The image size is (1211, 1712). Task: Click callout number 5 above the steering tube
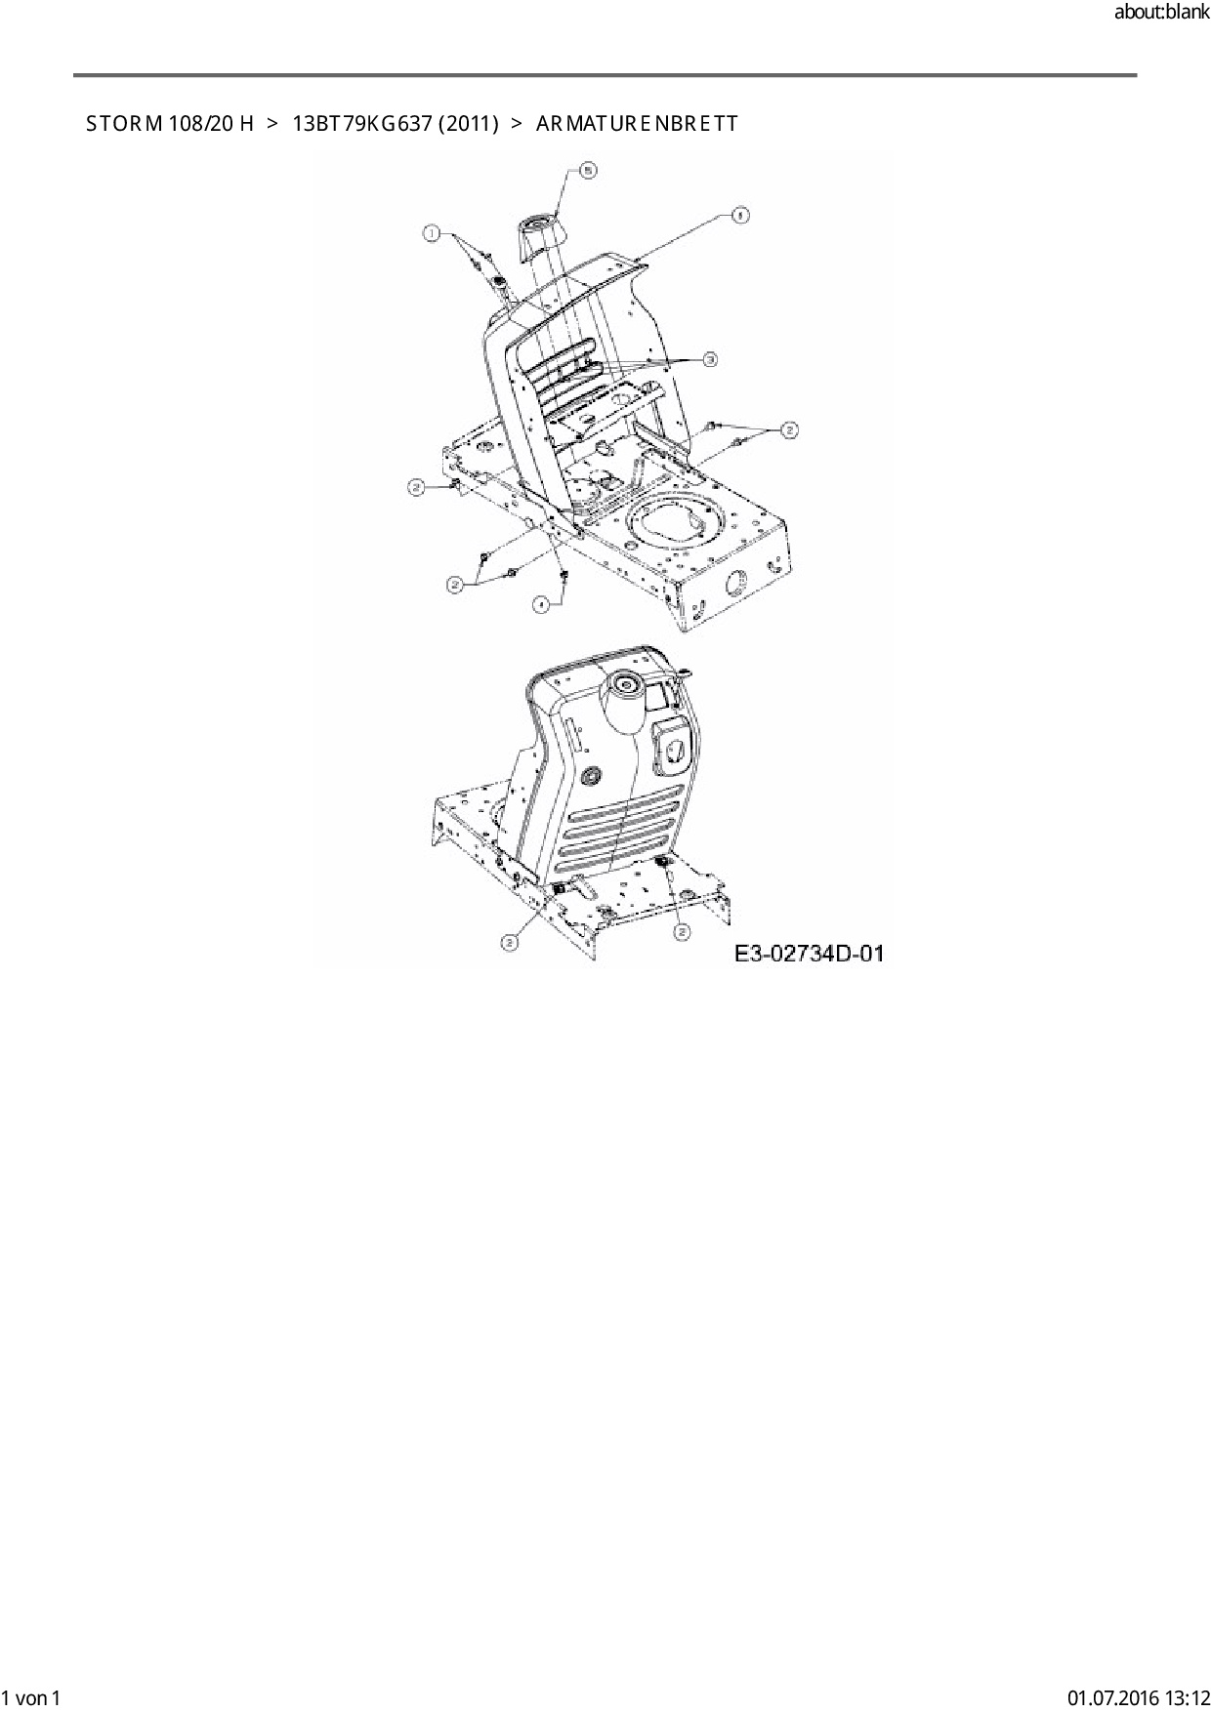[588, 170]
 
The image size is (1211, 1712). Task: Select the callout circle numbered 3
[710, 360]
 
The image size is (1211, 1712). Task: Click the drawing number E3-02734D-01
[810, 953]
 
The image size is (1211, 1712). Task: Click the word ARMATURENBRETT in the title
[637, 124]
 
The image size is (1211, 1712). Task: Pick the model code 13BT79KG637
[361, 124]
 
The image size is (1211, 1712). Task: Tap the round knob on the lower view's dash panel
[590, 776]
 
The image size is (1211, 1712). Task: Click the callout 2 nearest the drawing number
[682, 932]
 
